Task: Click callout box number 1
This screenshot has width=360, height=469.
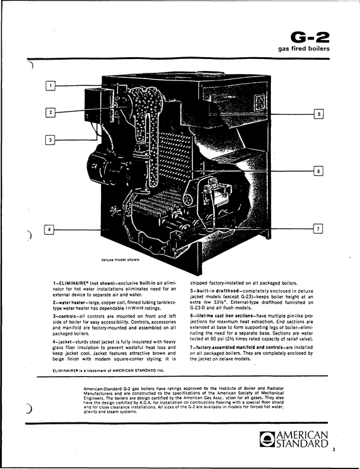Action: tap(51, 86)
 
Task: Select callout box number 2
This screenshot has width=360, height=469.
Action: tap(51, 112)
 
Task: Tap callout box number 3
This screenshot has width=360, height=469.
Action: tap(50, 139)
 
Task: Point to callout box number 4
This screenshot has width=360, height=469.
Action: tap(50, 229)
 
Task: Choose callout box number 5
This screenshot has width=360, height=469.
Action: tap(319, 114)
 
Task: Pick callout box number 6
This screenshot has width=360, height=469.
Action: tap(319, 171)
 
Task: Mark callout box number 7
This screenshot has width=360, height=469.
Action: tap(318, 229)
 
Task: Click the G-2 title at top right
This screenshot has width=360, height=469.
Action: tap(310, 37)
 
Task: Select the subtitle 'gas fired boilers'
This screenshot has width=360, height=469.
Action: tap(304, 48)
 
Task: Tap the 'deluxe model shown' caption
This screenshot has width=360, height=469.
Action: tap(120, 260)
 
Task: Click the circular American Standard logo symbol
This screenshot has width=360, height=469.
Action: tap(265, 439)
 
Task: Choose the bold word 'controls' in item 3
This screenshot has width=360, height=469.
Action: tap(65, 316)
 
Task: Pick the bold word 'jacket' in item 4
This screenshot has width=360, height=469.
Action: tap(64, 342)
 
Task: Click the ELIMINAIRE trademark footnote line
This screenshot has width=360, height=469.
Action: tap(108, 370)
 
